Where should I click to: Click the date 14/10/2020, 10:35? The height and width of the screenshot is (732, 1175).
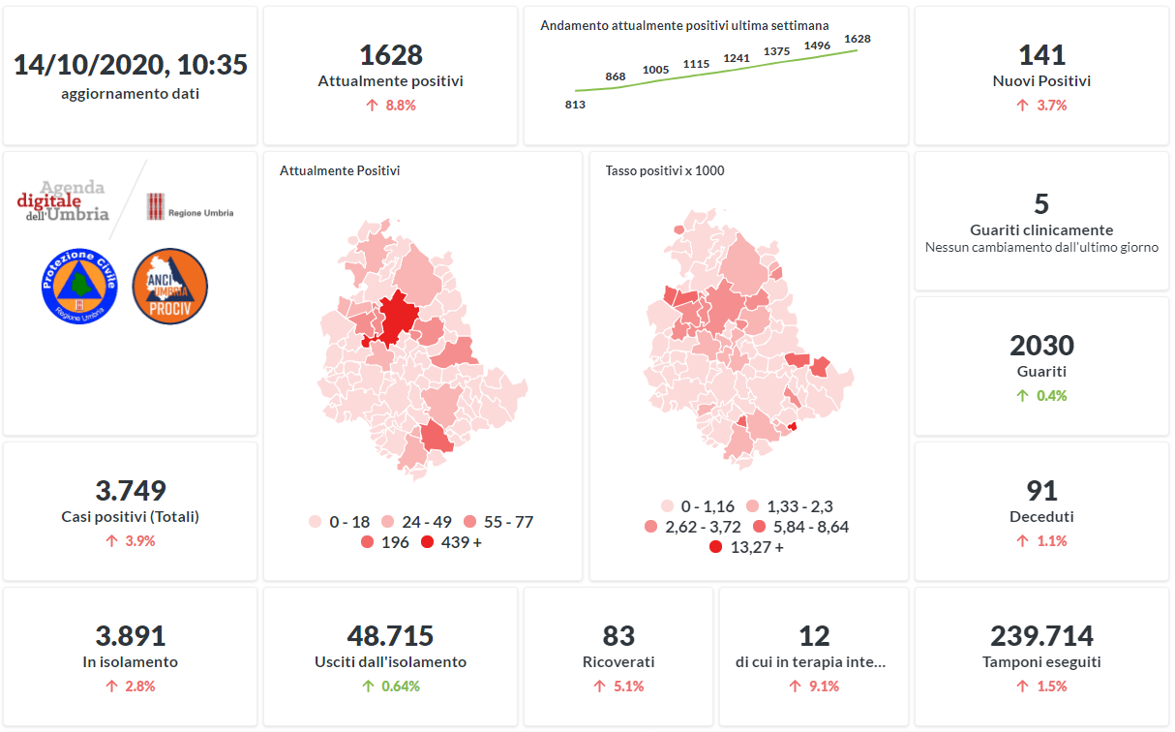click(x=131, y=66)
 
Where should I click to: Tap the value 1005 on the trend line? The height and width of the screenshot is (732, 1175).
click(x=656, y=70)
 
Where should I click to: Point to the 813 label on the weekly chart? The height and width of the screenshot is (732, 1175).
click(x=575, y=105)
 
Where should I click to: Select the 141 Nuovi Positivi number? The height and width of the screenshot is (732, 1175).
click(x=1041, y=55)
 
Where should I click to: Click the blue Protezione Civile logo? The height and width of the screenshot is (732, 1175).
click(x=79, y=286)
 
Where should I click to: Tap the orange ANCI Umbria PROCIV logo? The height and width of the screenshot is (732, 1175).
click(x=169, y=286)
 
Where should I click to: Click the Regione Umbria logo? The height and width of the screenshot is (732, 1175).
click(x=190, y=207)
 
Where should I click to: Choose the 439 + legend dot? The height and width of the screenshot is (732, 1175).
click(x=428, y=542)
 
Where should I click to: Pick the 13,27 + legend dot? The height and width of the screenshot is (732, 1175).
click(x=716, y=547)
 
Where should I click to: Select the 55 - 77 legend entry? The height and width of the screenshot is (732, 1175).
click(x=499, y=522)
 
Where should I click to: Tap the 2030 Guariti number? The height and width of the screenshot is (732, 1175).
click(x=1041, y=346)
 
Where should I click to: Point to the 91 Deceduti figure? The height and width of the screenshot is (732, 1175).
click(x=1041, y=491)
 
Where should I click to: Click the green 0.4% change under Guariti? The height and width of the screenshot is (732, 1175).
click(x=1041, y=395)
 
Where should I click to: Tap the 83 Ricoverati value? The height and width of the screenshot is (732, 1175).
click(x=618, y=636)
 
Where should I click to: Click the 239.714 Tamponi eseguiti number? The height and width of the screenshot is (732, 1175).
click(x=1041, y=636)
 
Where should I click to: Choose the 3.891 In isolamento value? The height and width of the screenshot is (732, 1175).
click(x=131, y=636)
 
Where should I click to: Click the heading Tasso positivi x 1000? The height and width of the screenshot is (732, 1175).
click(x=665, y=171)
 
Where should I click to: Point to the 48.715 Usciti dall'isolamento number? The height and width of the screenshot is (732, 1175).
click(x=390, y=636)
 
